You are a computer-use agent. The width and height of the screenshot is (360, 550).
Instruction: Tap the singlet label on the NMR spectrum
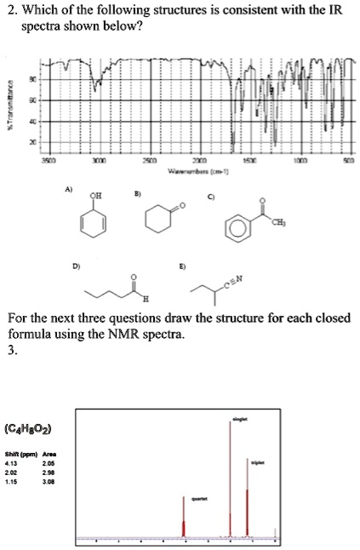click(x=240, y=420)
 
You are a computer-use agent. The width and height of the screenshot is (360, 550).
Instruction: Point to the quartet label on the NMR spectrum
click(x=197, y=498)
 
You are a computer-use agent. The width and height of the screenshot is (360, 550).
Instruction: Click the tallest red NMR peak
click(x=230, y=477)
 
